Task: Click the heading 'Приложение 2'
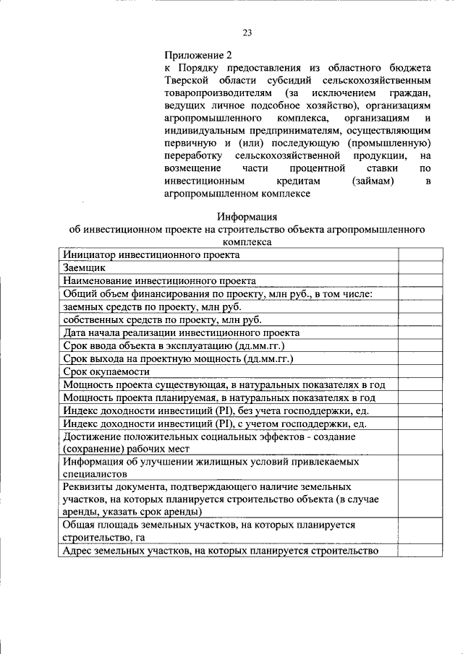(x=199, y=55)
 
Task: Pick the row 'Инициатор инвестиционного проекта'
(x=151, y=254)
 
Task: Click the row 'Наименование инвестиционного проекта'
(x=159, y=280)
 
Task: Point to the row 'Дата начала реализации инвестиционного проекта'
(x=181, y=332)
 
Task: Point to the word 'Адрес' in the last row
(x=78, y=551)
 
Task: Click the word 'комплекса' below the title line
(x=247, y=243)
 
